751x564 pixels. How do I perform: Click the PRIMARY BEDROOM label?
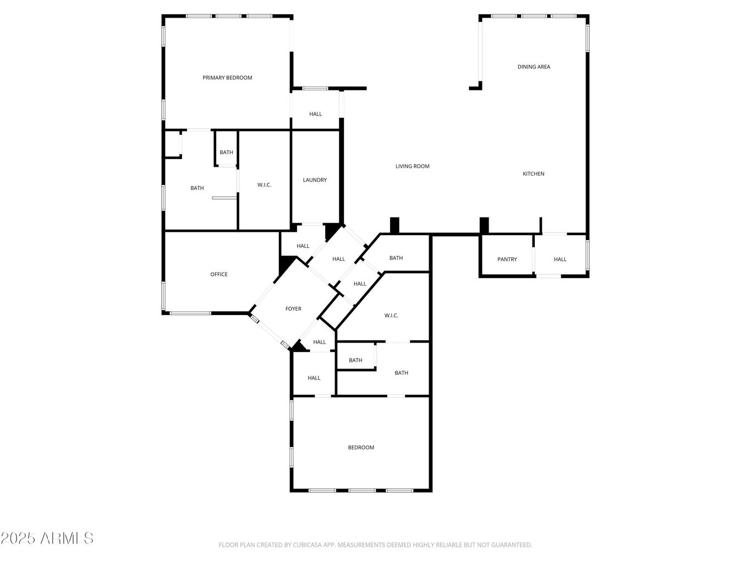[x=227, y=78]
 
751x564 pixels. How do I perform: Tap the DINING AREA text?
[x=534, y=67]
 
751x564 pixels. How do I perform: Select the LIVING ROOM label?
[x=412, y=166]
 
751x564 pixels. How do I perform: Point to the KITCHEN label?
[x=533, y=174]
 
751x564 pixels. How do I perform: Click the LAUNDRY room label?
[x=315, y=180]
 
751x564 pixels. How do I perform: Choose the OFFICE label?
[x=218, y=274]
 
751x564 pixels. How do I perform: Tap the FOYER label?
[x=293, y=309]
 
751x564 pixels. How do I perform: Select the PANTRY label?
[x=507, y=259]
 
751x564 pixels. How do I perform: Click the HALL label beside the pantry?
[x=560, y=259]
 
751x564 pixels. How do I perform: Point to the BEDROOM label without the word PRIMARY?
[x=361, y=448]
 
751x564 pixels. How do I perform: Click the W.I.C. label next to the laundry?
[x=264, y=185]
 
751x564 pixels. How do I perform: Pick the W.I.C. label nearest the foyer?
[x=391, y=316]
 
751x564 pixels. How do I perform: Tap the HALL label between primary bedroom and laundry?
[x=315, y=114]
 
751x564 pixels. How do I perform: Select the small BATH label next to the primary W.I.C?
[x=226, y=153]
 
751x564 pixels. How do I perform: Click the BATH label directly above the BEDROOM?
[x=401, y=373]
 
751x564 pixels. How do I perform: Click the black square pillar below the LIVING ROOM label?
[x=394, y=226]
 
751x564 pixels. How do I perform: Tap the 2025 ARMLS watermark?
[x=47, y=538]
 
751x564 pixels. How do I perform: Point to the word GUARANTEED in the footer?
[x=509, y=545]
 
